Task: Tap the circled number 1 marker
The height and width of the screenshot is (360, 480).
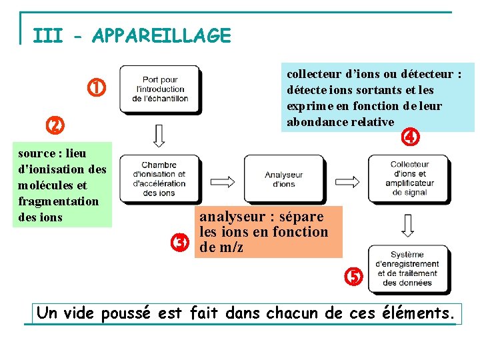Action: [97, 87]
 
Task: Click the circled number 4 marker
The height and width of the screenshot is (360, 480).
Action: [409, 138]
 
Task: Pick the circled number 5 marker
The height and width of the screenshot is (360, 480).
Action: [353, 275]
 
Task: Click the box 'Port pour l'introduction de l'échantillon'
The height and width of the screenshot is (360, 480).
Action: [159, 89]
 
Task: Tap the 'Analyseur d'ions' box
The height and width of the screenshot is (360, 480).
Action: [284, 179]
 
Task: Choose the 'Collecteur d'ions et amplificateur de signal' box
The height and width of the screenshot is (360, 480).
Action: [409, 178]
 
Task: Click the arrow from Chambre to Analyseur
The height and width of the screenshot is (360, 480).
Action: [222, 179]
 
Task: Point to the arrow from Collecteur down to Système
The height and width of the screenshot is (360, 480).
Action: [408, 224]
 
